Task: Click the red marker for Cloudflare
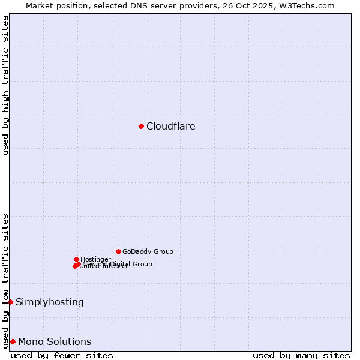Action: [141, 126]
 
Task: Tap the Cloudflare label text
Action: [171, 127]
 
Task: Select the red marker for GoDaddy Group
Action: [118, 251]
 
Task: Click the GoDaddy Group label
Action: [148, 252]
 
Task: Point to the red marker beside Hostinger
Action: [76, 259]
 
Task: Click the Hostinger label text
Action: [96, 259]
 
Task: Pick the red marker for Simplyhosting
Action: [10, 302]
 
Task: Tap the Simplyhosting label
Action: [50, 302]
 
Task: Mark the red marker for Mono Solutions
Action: [13, 341]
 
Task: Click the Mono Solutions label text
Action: [55, 342]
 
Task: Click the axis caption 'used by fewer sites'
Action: [62, 356]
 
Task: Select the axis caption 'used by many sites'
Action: [301, 356]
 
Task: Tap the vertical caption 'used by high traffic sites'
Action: [5, 85]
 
